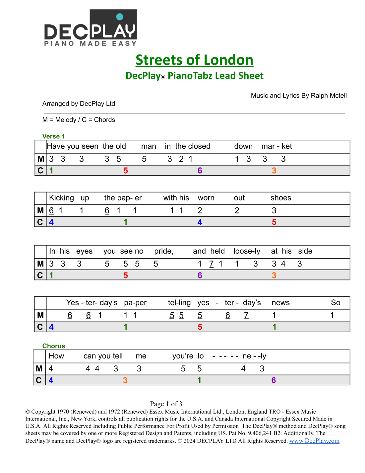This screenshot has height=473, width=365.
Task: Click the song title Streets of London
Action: (x=194, y=60)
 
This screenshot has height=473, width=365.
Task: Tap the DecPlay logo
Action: (x=91, y=28)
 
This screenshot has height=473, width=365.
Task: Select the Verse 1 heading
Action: (x=53, y=136)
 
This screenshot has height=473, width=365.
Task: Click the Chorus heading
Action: (x=53, y=346)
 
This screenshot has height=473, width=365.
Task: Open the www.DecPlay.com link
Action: (x=314, y=441)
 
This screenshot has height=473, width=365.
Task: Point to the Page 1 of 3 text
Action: (x=166, y=404)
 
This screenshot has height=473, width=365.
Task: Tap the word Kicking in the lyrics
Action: (x=61, y=198)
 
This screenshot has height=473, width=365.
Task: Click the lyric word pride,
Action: (x=164, y=251)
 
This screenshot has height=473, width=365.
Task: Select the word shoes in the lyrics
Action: (x=280, y=198)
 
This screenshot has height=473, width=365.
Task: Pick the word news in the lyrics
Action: (x=280, y=303)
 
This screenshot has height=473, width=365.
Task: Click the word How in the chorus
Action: (x=56, y=356)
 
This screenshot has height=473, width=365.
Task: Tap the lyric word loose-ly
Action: (x=247, y=251)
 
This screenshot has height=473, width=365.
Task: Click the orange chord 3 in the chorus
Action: (x=125, y=380)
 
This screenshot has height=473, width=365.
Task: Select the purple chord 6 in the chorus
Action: (x=274, y=380)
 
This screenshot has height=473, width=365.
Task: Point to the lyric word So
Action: (x=335, y=303)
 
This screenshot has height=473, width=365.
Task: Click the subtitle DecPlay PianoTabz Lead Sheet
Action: (x=194, y=76)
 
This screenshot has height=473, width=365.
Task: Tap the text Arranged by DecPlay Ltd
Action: (x=79, y=104)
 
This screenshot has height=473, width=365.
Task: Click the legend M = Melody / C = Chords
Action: (x=79, y=120)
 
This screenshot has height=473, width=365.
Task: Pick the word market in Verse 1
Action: (x=276, y=146)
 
